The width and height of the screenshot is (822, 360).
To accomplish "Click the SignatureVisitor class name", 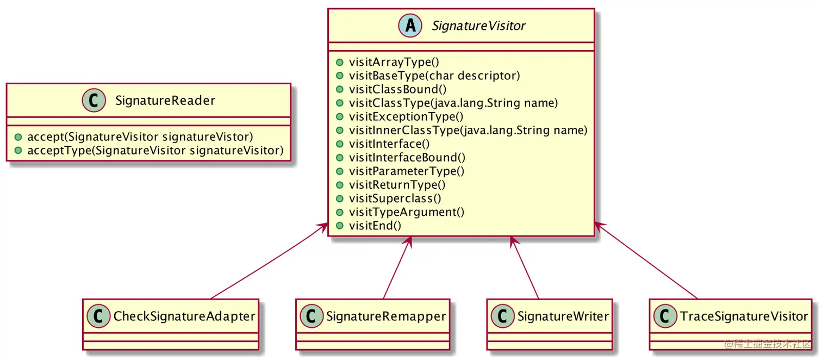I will pyautogui.click(x=478, y=26).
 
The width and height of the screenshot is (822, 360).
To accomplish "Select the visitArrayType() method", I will pyautogui.click(x=394, y=62).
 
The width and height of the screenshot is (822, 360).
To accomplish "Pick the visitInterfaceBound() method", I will pyautogui.click(x=407, y=157).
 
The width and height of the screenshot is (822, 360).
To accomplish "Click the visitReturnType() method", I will pyautogui.click(x=397, y=184).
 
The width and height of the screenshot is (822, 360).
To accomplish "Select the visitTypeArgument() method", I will pyautogui.click(x=406, y=212).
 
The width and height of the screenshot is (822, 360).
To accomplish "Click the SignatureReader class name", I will pyautogui.click(x=165, y=101).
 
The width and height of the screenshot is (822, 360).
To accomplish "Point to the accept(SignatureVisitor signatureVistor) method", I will pyautogui.click(x=140, y=136).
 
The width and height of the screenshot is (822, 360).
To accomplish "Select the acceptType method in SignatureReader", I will pyautogui.click(x=155, y=150).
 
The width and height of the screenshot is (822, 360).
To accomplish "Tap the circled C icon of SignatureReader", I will pyautogui.click(x=94, y=101).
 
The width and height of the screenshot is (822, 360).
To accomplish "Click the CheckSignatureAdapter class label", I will pyautogui.click(x=184, y=316).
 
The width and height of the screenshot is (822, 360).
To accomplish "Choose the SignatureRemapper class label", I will pyautogui.click(x=385, y=316).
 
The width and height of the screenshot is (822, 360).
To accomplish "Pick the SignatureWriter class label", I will pyautogui.click(x=563, y=316).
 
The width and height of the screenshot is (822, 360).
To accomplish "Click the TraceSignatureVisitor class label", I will pyautogui.click(x=744, y=316).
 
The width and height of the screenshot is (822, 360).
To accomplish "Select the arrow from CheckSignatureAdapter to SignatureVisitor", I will pyautogui.click(x=269, y=261).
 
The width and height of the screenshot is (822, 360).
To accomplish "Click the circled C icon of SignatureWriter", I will pyautogui.click(x=503, y=316).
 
